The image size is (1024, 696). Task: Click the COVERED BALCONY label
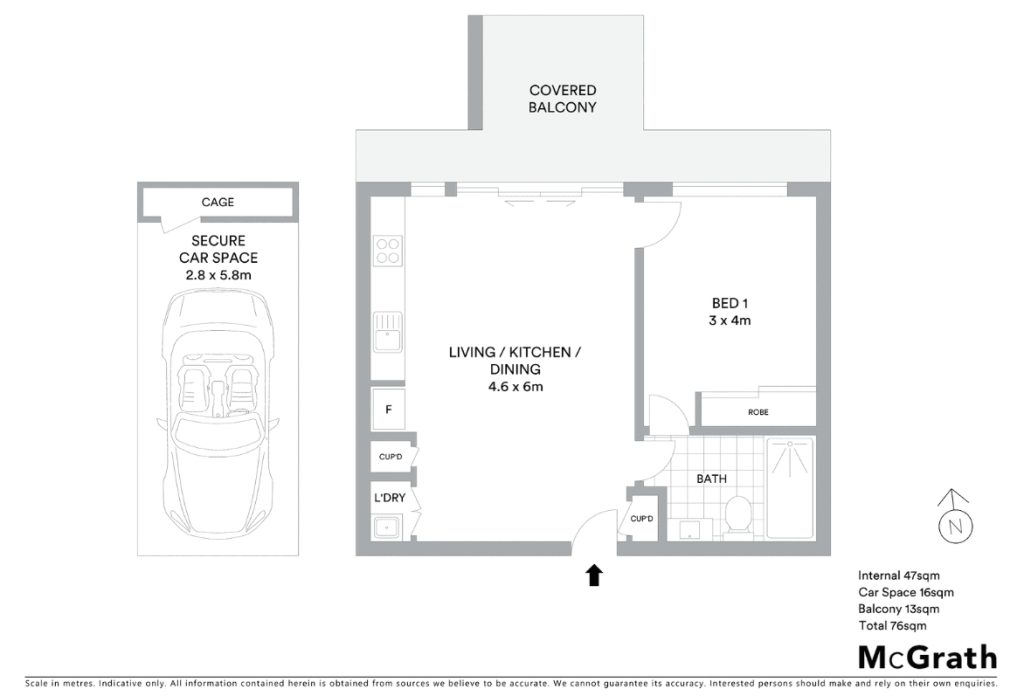coord(562,99)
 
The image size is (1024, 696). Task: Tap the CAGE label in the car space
coord(217,202)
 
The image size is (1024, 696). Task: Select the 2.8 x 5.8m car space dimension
coord(218,275)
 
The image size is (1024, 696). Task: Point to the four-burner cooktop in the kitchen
coord(387,251)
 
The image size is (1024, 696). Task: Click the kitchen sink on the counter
coord(387,332)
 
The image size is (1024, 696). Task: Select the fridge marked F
coord(388,409)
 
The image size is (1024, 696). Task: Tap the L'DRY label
coord(390,498)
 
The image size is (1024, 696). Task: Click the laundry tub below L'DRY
coord(387,526)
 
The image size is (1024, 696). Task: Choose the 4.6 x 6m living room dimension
coord(515,387)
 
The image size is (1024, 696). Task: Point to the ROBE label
coord(758,412)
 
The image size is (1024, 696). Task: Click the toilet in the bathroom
coord(739,516)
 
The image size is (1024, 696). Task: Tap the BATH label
coord(711,479)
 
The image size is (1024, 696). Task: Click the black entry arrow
coord(594,575)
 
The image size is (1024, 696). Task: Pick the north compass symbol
coord(955,516)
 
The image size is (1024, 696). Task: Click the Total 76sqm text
coord(892,625)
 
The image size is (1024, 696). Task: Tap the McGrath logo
coord(927,657)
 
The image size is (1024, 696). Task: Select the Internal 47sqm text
coord(899,575)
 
